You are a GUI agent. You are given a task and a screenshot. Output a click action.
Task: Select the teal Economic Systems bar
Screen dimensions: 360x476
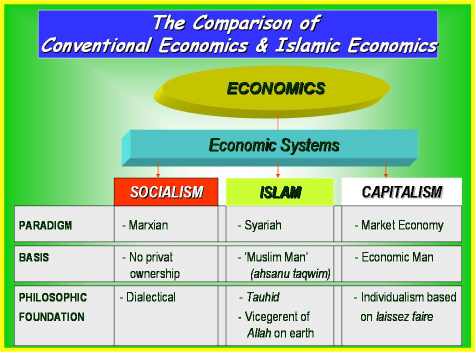(x=273, y=145)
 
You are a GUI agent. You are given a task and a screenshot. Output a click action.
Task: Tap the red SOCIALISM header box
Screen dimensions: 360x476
(x=166, y=192)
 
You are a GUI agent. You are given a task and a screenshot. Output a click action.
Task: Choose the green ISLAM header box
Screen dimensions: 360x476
(x=280, y=192)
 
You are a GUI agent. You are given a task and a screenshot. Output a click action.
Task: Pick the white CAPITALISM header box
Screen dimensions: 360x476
(x=401, y=192)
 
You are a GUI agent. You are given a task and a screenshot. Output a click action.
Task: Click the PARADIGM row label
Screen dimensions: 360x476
(x=45, y=225)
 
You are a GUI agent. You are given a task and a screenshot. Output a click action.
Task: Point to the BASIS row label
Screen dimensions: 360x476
(x=34, y=258)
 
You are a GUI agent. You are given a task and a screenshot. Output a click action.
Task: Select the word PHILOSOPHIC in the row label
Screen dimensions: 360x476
(x=52, y=297)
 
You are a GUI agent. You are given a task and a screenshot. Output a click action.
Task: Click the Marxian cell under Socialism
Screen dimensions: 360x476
(x=148, y=225)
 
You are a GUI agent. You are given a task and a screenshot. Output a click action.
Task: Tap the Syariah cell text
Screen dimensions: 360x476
(x=262, y=225)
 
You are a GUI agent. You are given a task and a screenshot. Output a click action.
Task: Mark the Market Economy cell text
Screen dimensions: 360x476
(x=402, y=225)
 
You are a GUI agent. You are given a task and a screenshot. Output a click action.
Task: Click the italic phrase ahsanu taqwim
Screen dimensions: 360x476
(x=290, y=274)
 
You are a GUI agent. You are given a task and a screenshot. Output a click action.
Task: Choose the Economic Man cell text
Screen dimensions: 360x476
(x=397, y=257)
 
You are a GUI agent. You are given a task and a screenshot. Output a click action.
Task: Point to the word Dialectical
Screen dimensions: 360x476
(x=150, y=297)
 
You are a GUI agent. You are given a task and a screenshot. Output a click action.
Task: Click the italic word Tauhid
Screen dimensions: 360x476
(x=262, y=297)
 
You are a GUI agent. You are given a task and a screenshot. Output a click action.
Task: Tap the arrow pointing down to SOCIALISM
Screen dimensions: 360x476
(x=158, y=170)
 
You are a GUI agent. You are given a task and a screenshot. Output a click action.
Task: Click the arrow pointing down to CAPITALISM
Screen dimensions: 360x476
(x=385, y=170)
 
